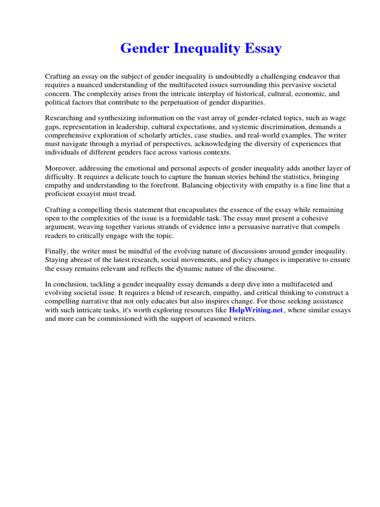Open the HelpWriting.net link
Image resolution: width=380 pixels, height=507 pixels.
coord(256,310)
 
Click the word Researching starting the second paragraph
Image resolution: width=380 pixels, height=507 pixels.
coord(64,118)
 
